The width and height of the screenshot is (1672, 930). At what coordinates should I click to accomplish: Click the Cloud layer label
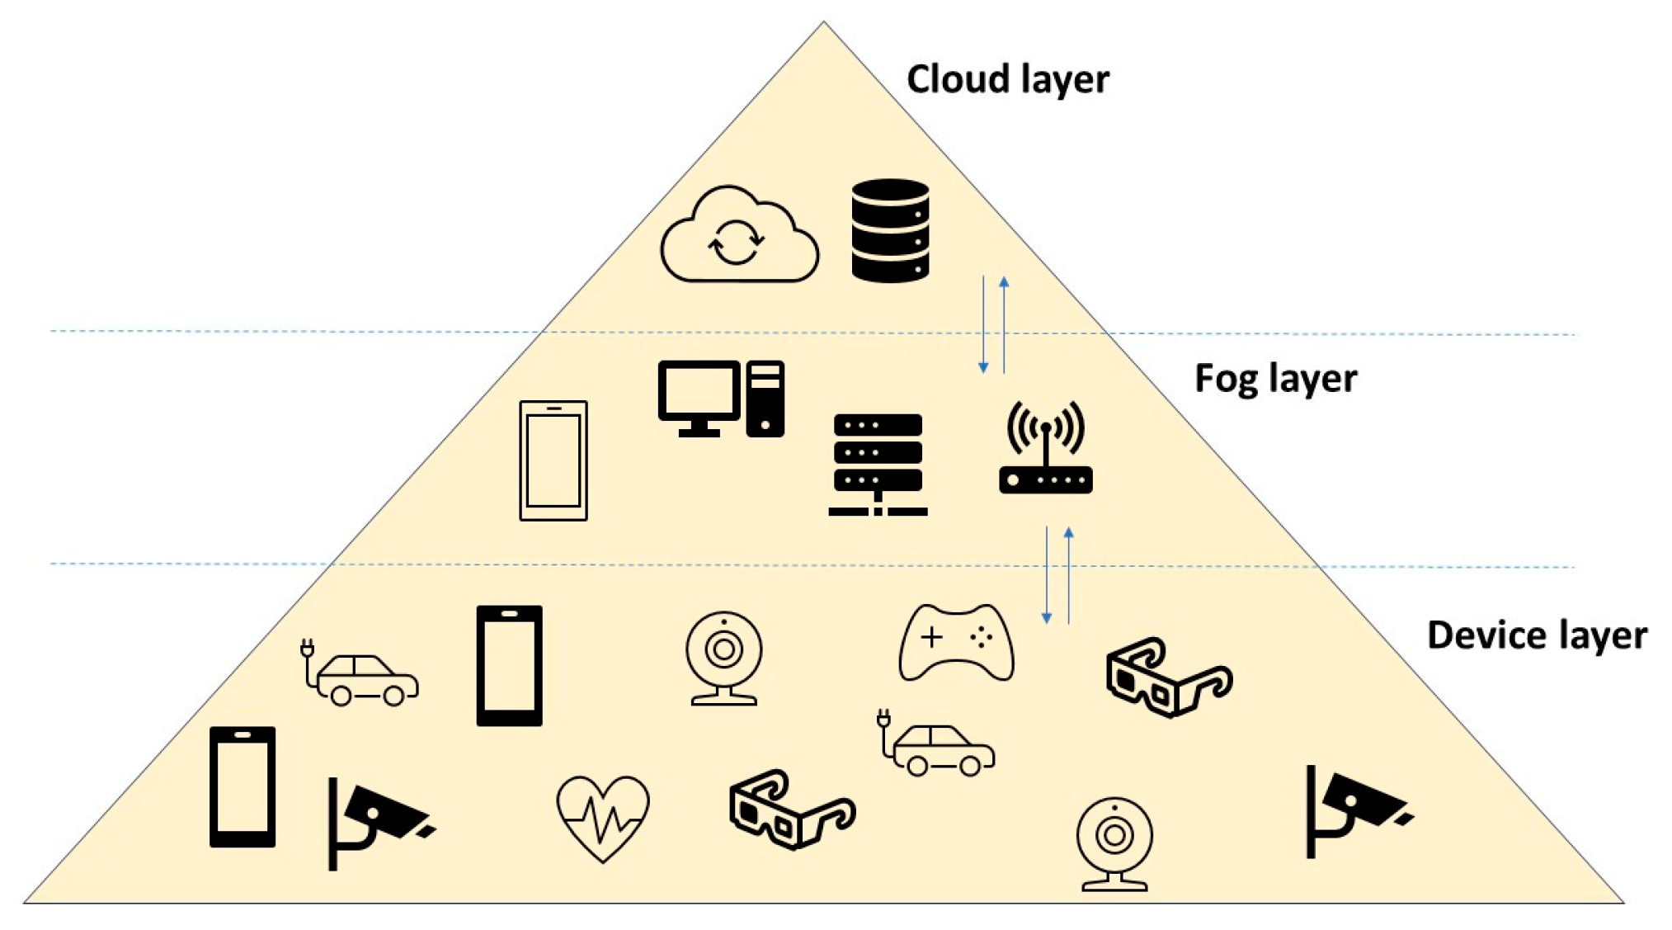[1007, 80]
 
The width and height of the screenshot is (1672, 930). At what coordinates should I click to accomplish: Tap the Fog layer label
[1275, 379]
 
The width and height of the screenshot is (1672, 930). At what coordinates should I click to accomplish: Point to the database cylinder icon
[890, 231]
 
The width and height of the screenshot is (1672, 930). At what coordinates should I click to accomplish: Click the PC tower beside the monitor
[765, 399]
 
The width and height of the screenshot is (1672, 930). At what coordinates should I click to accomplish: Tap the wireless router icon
[1045, 450]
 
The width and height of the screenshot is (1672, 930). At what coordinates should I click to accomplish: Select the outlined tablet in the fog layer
[553, 460]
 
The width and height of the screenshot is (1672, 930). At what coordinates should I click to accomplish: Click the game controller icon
[956, 643]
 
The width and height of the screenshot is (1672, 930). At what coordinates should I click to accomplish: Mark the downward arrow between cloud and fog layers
[983, 325]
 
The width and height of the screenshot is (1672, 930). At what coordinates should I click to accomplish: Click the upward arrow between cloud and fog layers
[1004, 325]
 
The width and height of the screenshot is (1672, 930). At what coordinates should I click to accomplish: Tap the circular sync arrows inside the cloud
[736, 243]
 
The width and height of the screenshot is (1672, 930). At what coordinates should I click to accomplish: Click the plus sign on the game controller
[931, 637]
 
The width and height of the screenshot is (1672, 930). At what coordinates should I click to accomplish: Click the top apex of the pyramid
[823, 23]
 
